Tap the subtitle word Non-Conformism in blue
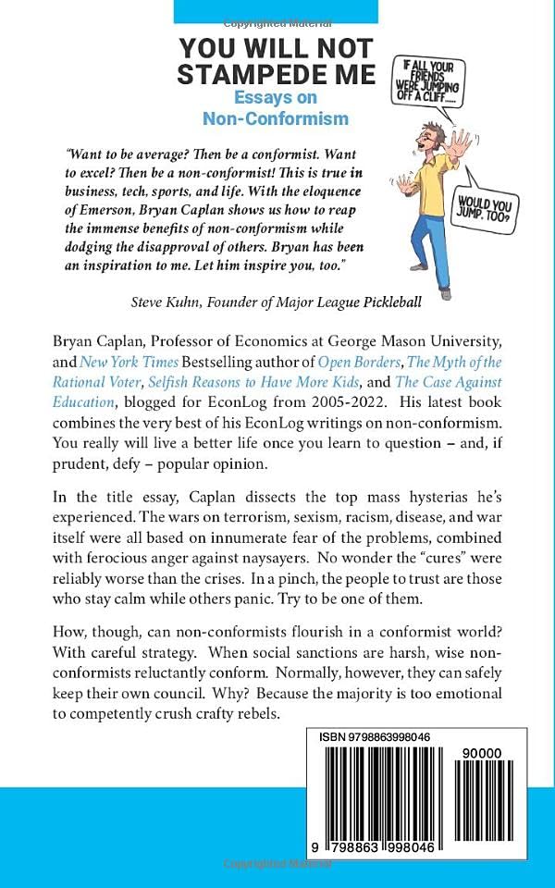(x=276, y=118)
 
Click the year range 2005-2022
(x=293, y=425)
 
